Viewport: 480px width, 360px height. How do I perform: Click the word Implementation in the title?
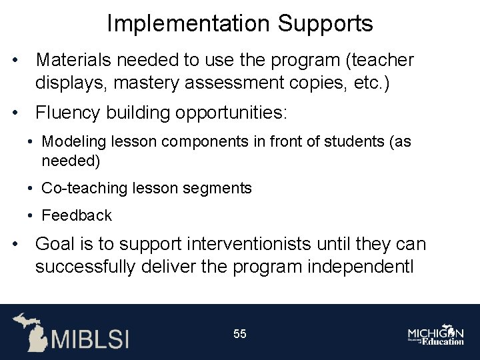point(189,24)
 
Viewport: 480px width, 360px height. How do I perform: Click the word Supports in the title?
point(325,24)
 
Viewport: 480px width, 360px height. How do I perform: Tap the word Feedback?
point(77,216)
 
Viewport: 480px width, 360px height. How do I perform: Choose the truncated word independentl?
point(361,267)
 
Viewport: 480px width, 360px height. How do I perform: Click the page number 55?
point(239,333)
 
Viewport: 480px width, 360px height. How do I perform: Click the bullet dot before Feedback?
point(31,216)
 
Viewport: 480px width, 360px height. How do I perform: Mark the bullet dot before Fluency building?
point(15,113)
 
